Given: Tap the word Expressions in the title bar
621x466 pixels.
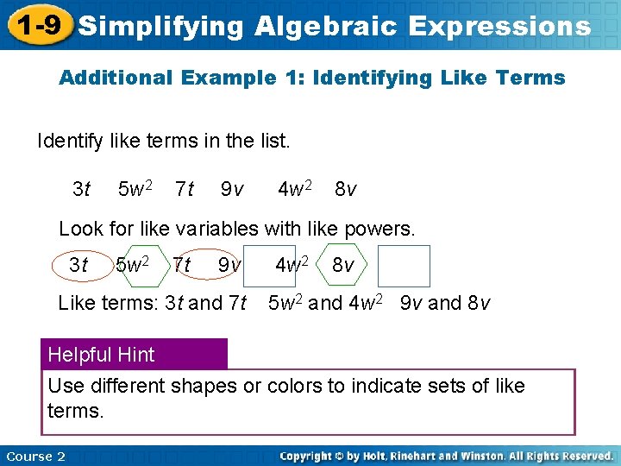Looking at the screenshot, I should coord(499,26).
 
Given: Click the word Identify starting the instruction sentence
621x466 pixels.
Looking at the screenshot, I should coord(72,140).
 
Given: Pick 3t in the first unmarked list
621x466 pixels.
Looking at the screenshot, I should coord(81,188).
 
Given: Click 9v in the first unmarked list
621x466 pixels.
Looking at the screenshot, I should coord(231,188).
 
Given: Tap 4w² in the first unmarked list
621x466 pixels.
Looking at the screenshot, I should coord(294,187).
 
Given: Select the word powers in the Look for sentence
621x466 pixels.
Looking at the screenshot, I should coord(379,229).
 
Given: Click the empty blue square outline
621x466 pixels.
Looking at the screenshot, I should coord(404,266).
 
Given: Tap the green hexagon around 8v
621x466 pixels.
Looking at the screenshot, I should coord(342,266).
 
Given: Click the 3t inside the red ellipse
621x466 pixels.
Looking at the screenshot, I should coord(78,266).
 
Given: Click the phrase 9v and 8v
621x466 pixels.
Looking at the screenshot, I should coord(445,303).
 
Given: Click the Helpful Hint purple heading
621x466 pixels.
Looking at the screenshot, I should coord(102,355).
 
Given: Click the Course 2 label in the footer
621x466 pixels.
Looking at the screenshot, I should coord(35,456).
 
